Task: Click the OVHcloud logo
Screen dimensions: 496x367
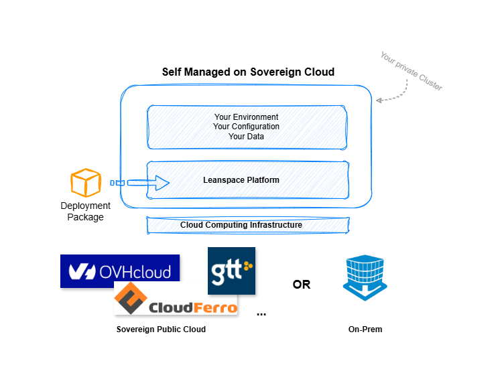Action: click(120, 271)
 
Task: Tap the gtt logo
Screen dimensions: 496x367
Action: click(231, 271)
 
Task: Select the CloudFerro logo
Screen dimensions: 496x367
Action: click(176, 298)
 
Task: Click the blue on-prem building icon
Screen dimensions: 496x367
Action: click(365, 277)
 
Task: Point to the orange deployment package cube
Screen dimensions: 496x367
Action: click(86, 183)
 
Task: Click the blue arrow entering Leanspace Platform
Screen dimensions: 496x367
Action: click(140, 183)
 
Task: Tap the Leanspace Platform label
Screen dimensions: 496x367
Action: click(241, 180)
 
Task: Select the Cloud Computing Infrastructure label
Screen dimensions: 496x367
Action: click(241, 225)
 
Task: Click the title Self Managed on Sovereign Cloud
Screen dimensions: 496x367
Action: click(248, 72)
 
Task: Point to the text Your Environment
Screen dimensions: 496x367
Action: click(246, 117)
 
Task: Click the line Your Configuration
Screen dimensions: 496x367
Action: click(246, 127)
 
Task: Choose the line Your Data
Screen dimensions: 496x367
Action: click(246, 136)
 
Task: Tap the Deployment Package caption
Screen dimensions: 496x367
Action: click(85, 211)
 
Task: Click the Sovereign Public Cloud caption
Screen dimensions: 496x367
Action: click(161, 329)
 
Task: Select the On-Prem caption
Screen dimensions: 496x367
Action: click(365, 329)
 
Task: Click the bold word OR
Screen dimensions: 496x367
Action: click(302, 285)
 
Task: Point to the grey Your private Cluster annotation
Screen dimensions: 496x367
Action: click(412, 71)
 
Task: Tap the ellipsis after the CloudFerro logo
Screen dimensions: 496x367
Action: click(261, 314)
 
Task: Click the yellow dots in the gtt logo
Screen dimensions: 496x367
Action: click(248, 266)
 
